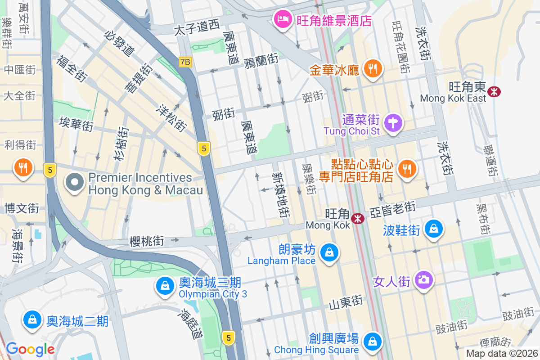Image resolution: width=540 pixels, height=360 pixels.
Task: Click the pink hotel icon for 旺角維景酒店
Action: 283,19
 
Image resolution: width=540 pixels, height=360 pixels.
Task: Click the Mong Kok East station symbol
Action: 495,91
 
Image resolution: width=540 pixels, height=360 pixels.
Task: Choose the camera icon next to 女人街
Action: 423,280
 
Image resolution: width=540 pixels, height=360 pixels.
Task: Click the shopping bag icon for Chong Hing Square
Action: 373,341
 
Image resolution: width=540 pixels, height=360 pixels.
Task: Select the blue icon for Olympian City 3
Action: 165,285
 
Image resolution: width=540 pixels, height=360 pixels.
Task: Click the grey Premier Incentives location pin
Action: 75,183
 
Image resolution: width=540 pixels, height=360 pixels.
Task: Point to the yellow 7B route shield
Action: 185,62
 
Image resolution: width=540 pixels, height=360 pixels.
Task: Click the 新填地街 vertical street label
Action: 281,194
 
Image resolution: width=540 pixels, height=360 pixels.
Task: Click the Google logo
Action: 30,349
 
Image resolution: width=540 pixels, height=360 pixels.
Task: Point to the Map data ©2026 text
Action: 502,354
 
